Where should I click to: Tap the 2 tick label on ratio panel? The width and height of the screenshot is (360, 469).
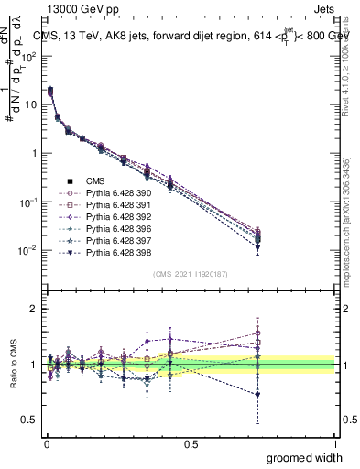pos(30,309)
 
